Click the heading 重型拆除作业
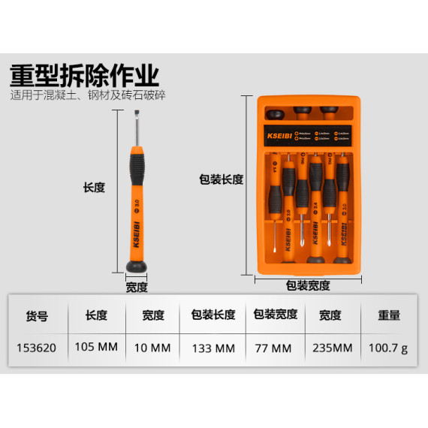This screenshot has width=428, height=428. [84, 76]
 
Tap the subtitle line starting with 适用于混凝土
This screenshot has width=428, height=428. [88, 96]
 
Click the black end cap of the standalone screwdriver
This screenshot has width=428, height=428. [136, 267]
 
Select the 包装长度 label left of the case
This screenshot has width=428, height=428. [221, 179]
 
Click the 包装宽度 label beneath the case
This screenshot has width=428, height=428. [308, 285]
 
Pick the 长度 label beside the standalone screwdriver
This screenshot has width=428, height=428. [94, 188]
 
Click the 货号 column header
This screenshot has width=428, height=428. [37, 316]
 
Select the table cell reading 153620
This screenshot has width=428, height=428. [37, 348]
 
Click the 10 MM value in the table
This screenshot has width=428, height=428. [153, 348]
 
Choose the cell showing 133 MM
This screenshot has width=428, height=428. [213, 348]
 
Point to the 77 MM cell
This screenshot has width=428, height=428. [275, 348]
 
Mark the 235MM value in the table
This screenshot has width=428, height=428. [330, 348]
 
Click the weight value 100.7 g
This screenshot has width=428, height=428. [388, 348]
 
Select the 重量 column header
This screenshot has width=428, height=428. [388, 316]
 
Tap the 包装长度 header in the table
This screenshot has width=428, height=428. [213, 316]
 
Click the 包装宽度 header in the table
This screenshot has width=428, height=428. [275, 316]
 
